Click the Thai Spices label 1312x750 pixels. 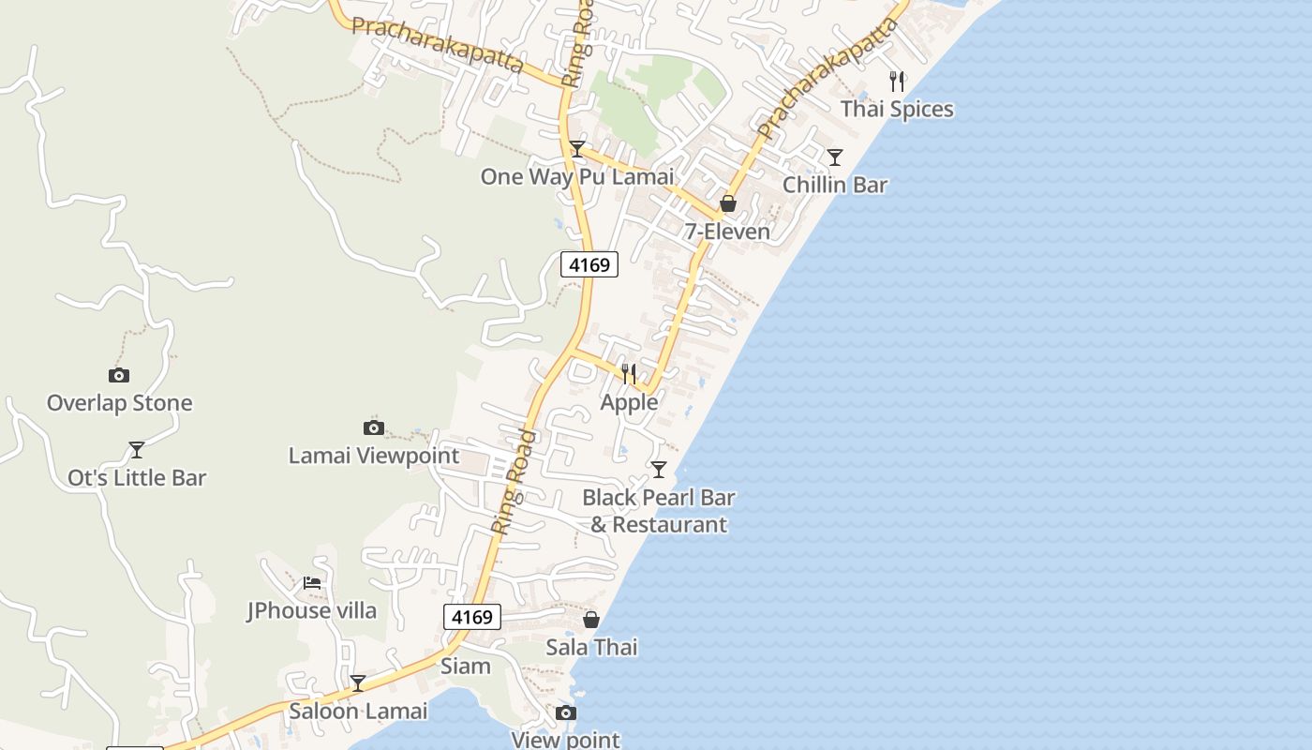tap(897, 109)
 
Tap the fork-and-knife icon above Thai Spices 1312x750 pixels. tap(897, 82)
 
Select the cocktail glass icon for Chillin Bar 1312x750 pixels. tap(834, 157)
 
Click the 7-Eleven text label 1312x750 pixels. tap(727, 232)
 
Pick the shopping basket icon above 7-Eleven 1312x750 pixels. tap(727, 203)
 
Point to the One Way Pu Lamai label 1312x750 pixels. tap(577, 176)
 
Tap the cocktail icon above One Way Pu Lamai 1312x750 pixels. tap(577, 149)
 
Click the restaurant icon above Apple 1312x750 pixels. tap(629, 374)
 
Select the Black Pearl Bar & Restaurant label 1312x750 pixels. tap(658, 511)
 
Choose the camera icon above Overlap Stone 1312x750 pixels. tap(119, 376)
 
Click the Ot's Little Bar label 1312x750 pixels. tap(137, 477)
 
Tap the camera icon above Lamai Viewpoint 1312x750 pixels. tap(373, 428)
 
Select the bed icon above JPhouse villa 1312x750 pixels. tap(312, 583)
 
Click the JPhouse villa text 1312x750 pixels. tap(312, 610)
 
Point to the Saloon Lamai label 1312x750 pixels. tap(358, 711)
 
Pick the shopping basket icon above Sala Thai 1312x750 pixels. tap(591, 620)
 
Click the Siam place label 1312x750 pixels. tap(466, 666)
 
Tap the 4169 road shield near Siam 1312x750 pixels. tap(471, 617)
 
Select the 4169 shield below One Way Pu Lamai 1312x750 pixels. tap(589, 264)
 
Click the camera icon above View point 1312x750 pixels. tap(565, 713)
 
